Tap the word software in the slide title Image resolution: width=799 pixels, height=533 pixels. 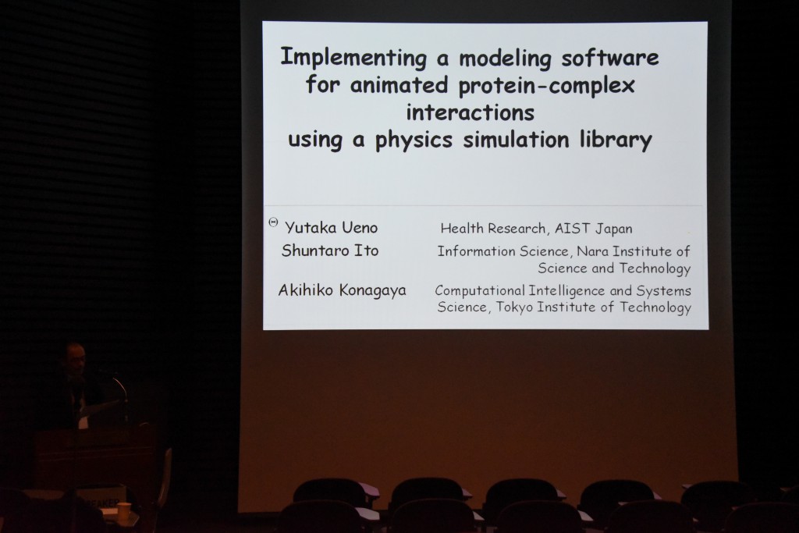point(610,58)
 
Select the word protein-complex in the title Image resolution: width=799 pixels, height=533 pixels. point(546,86)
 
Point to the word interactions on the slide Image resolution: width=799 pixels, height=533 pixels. point(470,112)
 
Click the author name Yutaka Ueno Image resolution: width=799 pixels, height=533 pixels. point(331,228)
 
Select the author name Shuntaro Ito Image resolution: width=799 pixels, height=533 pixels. point(330,251)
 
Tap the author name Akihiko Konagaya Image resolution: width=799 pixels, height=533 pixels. point(342,290)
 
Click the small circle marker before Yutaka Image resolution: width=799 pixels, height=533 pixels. point(273,222)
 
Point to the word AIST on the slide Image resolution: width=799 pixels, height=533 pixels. point(572,229)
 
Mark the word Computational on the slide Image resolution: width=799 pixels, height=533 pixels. point(479,291)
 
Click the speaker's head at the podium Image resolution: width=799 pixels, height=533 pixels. point(75,359)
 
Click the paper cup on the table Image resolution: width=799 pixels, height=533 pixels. point(124,509)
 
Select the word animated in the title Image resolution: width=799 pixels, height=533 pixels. point(399,85)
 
